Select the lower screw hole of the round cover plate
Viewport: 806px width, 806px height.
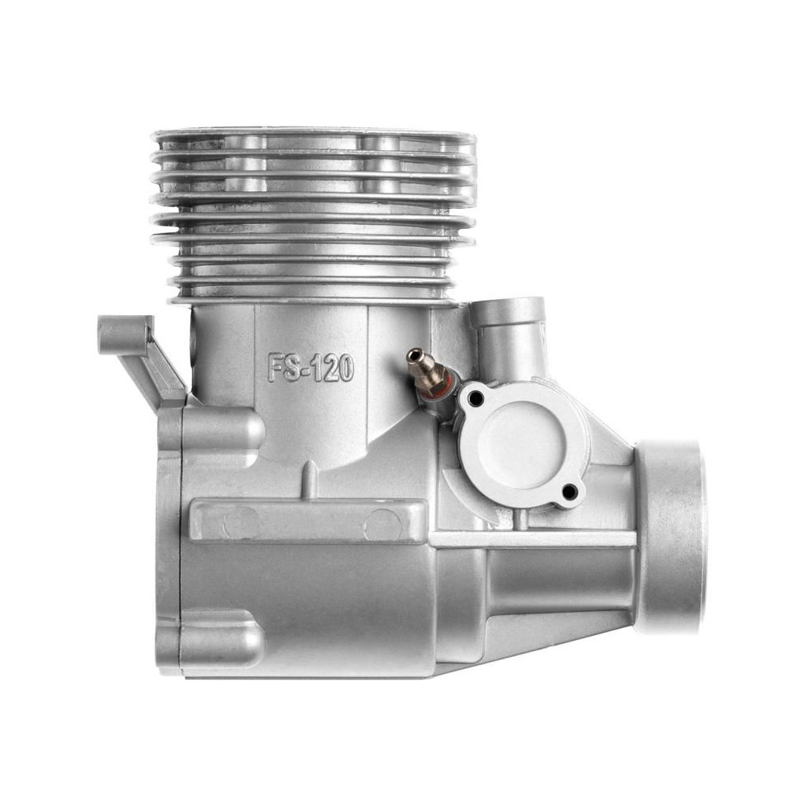tap(569, 492)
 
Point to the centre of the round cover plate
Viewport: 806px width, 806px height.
tap(522, 445)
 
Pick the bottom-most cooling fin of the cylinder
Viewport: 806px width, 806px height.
tap(314, 300)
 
